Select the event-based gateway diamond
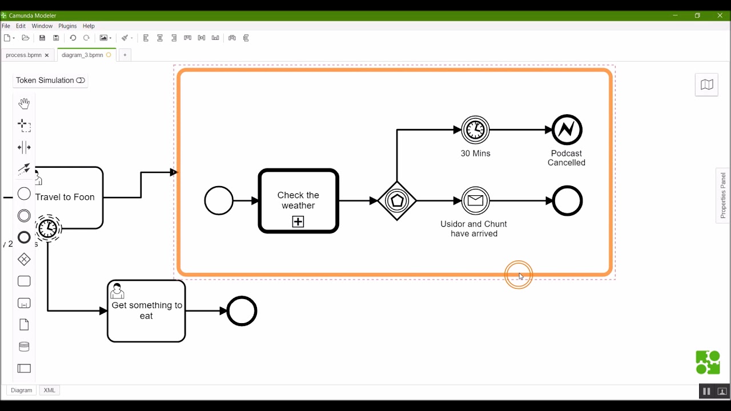(397, 201)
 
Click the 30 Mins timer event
(475, 130)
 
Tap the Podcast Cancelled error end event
(567, 130)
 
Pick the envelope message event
(475, 201)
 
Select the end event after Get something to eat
(242, 311)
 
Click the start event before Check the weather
(219, 201)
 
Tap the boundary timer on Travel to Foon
(49, 228)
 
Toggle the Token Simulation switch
(81, 80)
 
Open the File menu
(6, 26)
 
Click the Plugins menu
(67, 26)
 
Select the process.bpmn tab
(23, 55)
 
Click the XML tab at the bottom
(50, 390)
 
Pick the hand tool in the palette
(24, 103)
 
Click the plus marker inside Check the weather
(298, 221)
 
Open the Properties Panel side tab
(723, 195)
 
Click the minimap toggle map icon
(706, 85)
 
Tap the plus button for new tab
(124, 55)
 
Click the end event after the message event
(567, 201)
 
